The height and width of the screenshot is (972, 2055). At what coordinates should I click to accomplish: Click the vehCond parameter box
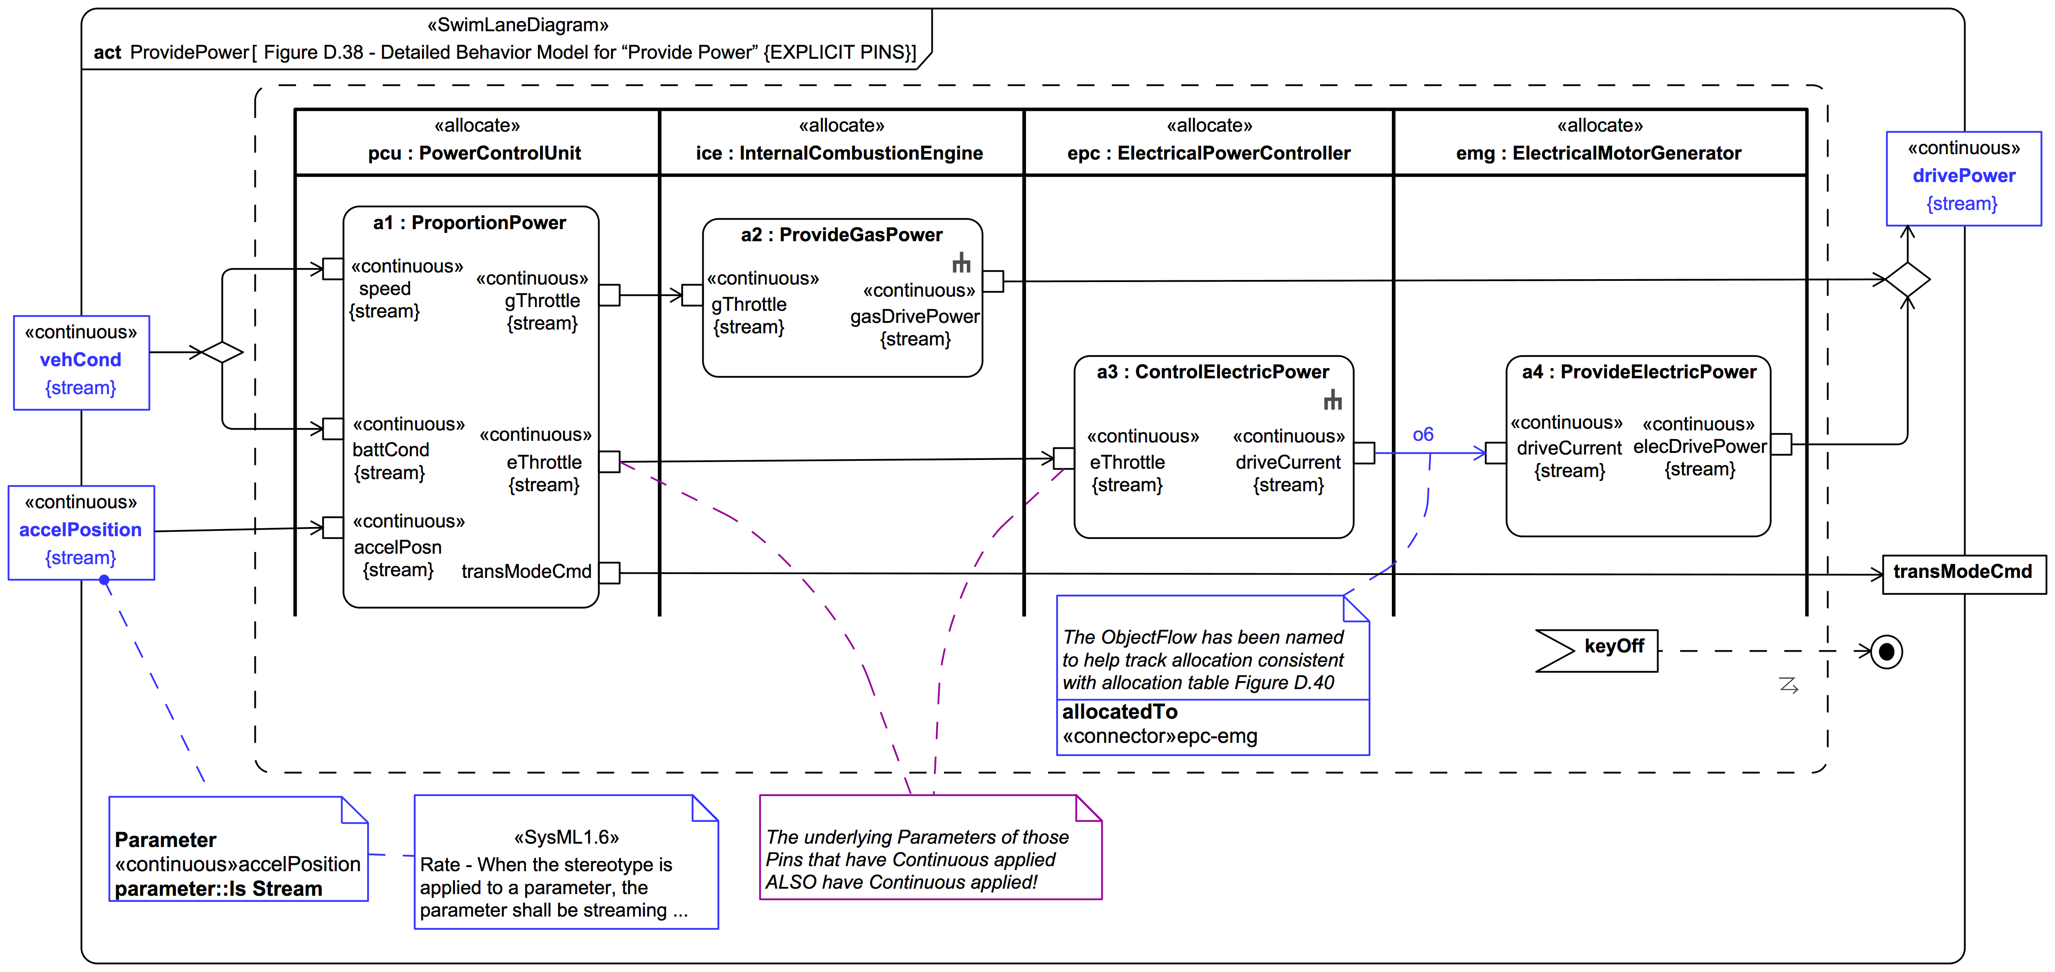pos(81,362)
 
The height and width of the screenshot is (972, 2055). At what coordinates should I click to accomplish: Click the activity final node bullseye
pos(1887,652)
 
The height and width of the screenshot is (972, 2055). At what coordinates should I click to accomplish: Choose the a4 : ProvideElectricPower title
pos(1638,372)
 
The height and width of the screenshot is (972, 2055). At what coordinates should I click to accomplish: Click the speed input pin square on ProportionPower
pos(333,269)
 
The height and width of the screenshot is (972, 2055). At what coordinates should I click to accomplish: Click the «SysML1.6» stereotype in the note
pos(567,837)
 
